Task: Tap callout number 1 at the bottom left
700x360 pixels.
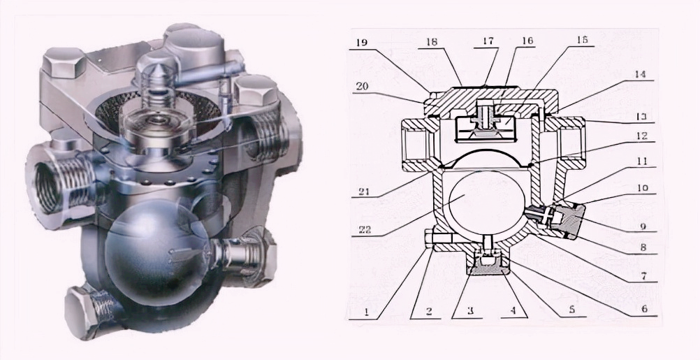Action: pyautogui.click(x=366, y=312)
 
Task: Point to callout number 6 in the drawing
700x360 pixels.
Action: pyautogui.click(x=643, y=309)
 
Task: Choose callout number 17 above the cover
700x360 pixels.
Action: pyautogui.click(x=488, y=41)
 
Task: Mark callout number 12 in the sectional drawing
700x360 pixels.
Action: pyautogui.click(x=641, y=136)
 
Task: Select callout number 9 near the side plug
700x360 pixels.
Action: pyautogui.click(x=643, y=227)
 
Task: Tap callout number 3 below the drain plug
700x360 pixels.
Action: pyautogui.click(x=470, y=311)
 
